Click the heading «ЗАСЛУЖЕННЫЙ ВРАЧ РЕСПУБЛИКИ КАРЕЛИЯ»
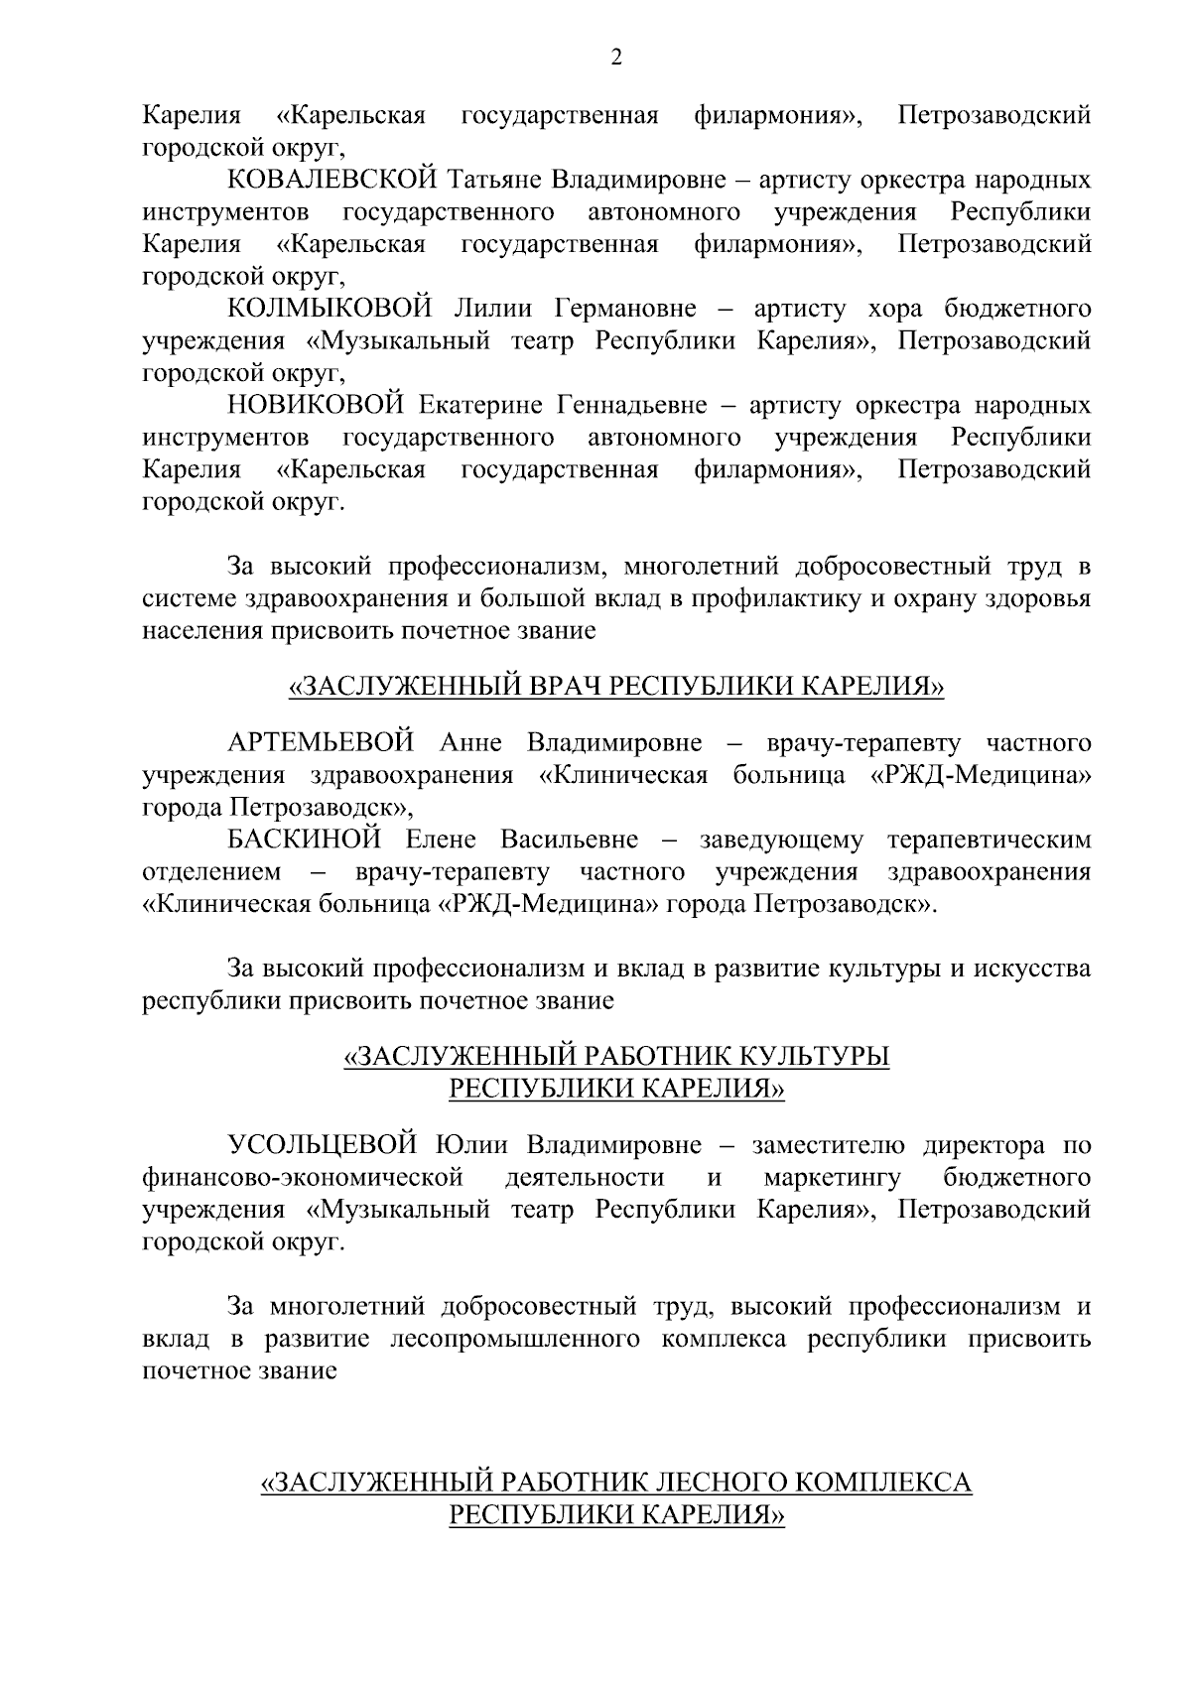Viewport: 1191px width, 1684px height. pyautogui.click(x=616, y=687)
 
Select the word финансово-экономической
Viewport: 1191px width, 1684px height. pyautogui.click(x=304, y=1178)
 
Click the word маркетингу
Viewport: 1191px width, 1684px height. pyautogui.click(x=833, y=1178)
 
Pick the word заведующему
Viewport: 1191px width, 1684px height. pyautogui.click(x=781, y=841)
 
